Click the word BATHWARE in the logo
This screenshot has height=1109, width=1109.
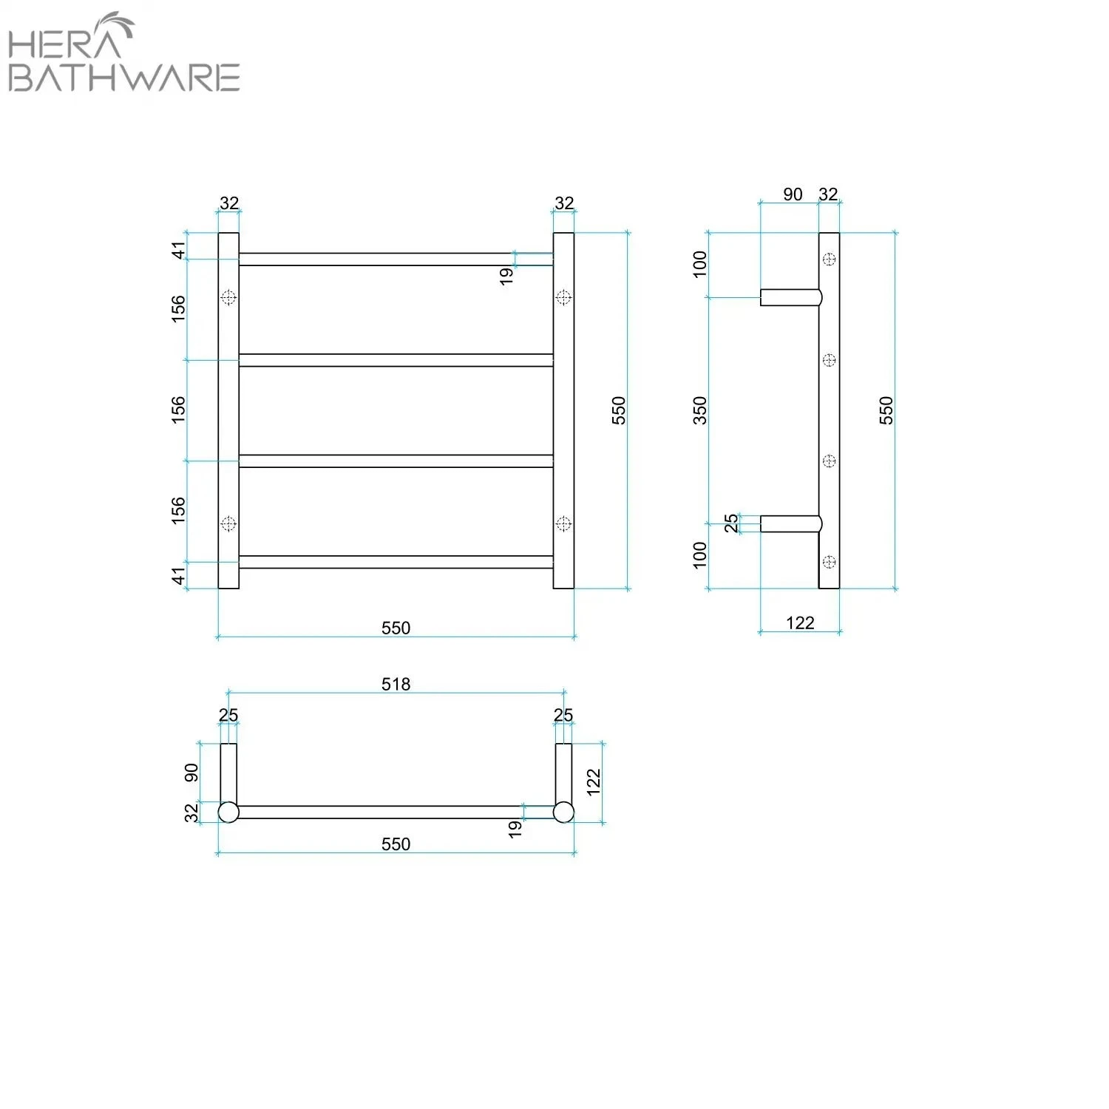point(124,78)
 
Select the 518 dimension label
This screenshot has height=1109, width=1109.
point(396,684)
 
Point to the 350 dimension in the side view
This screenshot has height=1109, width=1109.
point(699,410)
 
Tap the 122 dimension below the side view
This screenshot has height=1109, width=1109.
point(800,623)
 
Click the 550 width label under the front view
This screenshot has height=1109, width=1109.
point(396,628)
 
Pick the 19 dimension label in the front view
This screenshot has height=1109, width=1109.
point(506,276)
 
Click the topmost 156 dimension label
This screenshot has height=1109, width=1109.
point(178,308)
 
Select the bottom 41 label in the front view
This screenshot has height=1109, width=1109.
point(178,575)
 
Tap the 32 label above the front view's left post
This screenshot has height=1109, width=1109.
point(229,203)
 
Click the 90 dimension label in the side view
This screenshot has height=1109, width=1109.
point(793,194)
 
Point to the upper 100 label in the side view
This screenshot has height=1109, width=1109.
point(699,264)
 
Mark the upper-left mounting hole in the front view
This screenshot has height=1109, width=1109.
point(228,297)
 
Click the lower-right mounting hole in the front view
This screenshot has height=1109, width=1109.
point(563,523)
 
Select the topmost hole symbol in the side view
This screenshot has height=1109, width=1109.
point(830,259)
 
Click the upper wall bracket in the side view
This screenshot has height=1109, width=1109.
point(790,297)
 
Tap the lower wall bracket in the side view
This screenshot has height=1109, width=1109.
point(790,523)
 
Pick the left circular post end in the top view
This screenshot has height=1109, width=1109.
point(228,812)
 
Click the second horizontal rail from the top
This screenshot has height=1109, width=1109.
point(396,360)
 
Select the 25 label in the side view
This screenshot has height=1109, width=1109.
point(730,523)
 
